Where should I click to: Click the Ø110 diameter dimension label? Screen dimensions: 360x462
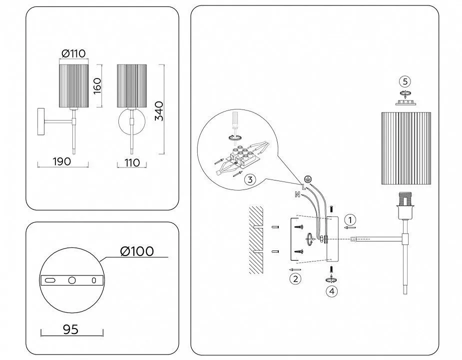coord(74,54)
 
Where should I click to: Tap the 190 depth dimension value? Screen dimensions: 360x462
coord(61,161)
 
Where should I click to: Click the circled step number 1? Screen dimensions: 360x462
coord(351,219)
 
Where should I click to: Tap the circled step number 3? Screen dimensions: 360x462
coord(251,179)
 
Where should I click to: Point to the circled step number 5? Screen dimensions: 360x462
coord(405,81)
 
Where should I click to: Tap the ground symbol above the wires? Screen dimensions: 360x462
coord(309,178)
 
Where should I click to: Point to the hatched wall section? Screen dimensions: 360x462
coord(256,239)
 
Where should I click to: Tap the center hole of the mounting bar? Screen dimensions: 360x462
coord(72,280)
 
